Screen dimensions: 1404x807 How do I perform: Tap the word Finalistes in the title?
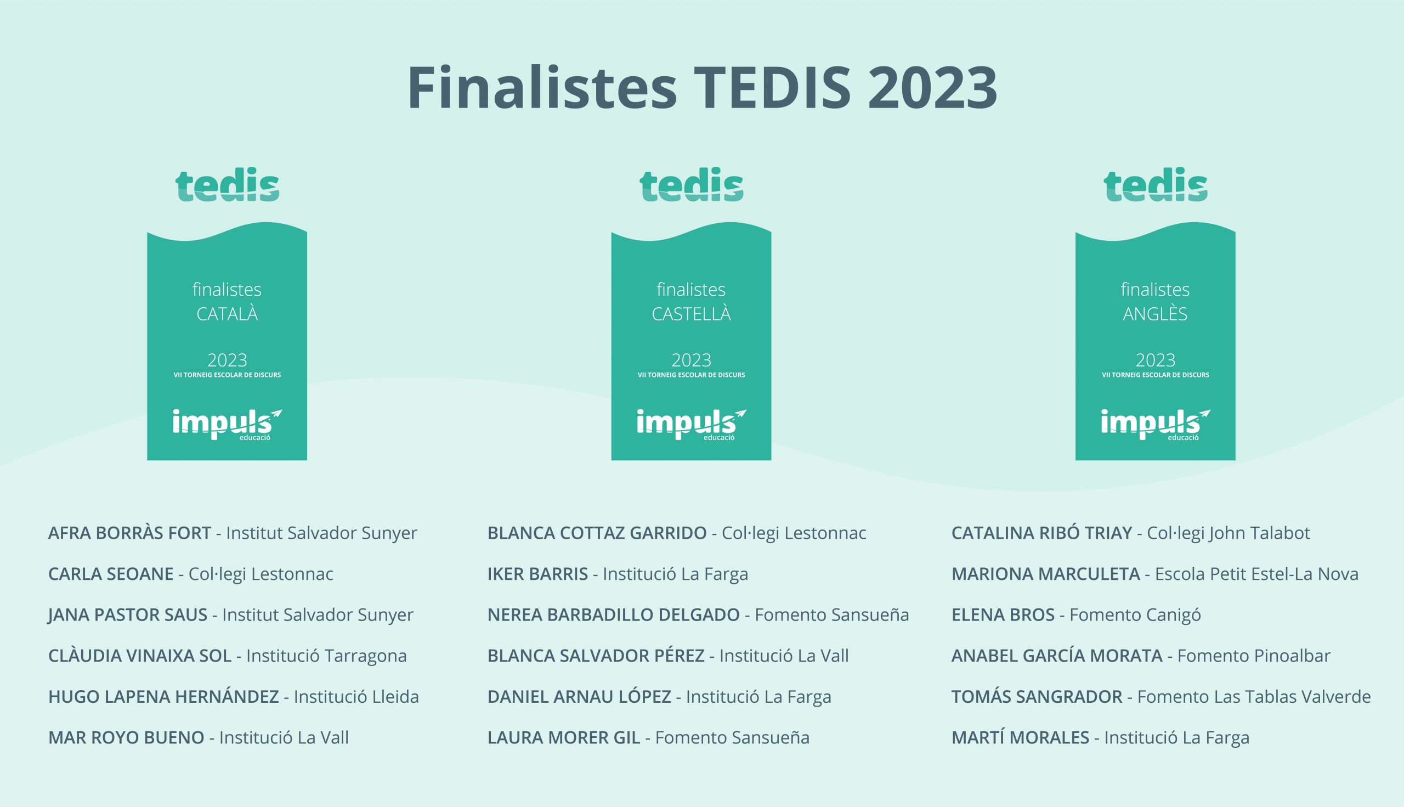(542, 88)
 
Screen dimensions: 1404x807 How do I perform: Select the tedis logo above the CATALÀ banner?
(227, 184)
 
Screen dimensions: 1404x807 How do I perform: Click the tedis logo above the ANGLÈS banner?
(1155, 184)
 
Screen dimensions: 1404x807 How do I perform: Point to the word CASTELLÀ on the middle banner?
(691, 314)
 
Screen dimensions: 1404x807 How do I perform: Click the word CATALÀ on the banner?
(227, 314)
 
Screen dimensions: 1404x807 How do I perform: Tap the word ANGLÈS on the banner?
(1155, 314)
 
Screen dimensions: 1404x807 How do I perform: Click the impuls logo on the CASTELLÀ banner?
(691, 425)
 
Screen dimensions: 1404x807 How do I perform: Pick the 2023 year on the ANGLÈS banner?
(1155, 360)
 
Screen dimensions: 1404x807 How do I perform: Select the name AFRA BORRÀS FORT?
(129, 533)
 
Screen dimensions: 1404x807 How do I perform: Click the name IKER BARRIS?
(537, 574)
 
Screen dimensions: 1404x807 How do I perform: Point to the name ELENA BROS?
(1003, 615)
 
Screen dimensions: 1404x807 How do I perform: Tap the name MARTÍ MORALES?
(1021, 738)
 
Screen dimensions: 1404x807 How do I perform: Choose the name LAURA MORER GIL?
(563, 738)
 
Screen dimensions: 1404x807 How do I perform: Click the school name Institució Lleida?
(356, 697)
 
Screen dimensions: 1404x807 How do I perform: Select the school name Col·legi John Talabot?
(1228, 533)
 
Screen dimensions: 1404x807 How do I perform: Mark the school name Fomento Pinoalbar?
(1254, 656)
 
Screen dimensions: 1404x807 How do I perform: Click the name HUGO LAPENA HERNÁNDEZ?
(163, 697)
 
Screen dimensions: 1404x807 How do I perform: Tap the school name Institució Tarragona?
(326, 656)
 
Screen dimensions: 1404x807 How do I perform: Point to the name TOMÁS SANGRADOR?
(1037, 697)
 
